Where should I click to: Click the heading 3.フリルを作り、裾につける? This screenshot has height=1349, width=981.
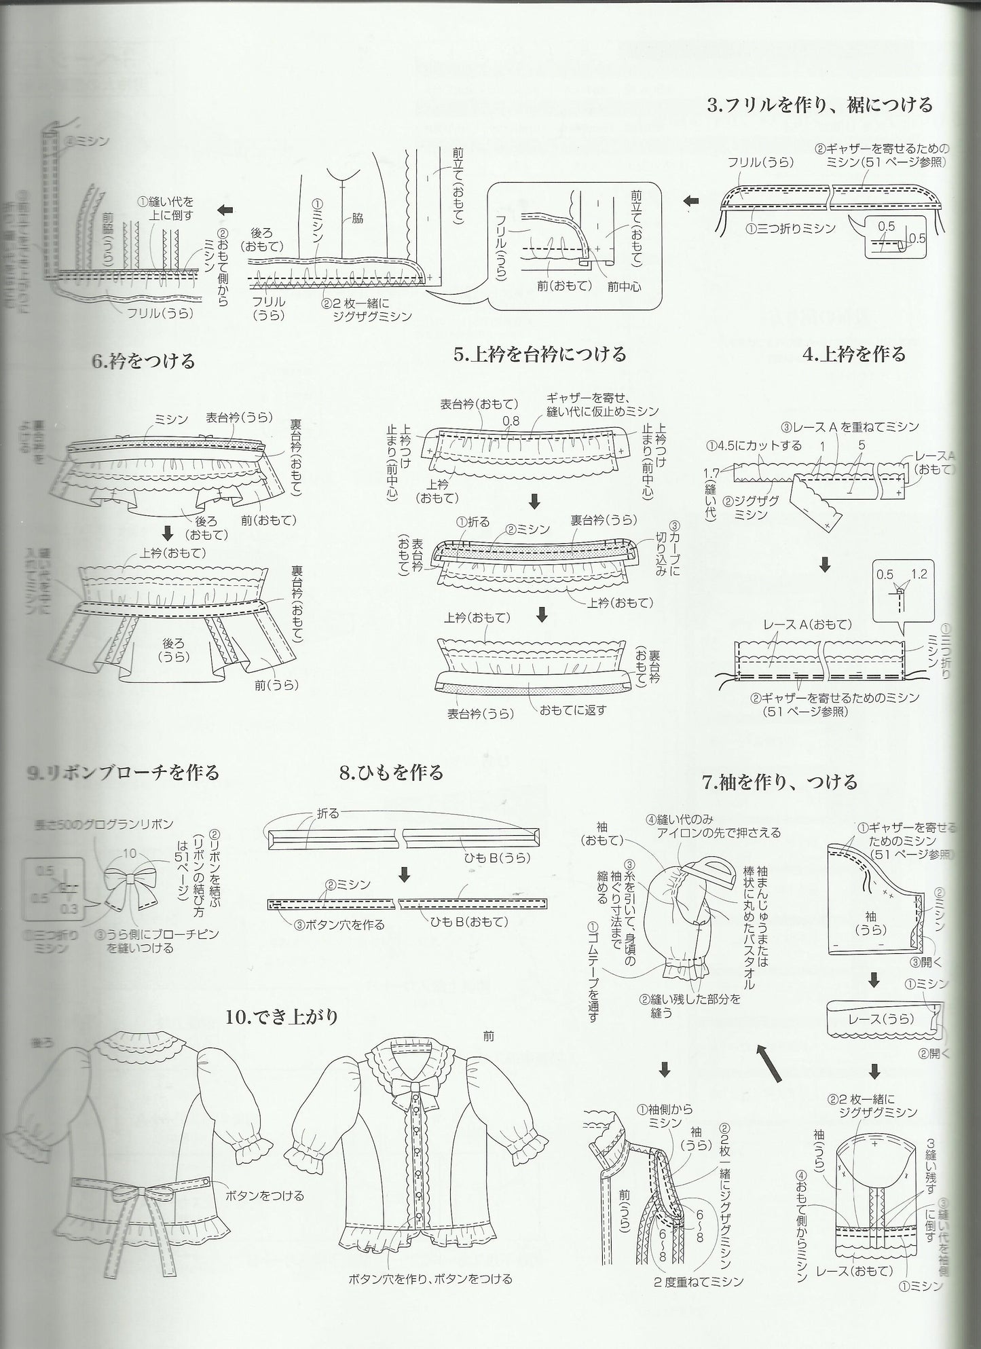819,105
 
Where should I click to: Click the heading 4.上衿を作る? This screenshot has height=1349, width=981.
854,354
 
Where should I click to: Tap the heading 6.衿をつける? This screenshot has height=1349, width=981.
143,360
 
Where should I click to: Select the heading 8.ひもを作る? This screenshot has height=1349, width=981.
391,772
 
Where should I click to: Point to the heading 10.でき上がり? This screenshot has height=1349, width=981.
282,1017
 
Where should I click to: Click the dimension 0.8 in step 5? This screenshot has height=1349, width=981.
511,422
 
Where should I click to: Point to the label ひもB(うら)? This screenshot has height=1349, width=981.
496,857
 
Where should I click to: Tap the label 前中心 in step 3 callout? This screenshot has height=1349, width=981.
624,287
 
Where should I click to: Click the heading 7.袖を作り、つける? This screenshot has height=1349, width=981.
779,781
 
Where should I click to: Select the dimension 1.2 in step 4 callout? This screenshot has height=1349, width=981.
919,574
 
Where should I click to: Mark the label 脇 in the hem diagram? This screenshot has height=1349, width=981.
357,218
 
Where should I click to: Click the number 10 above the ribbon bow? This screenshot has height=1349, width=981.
130,853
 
